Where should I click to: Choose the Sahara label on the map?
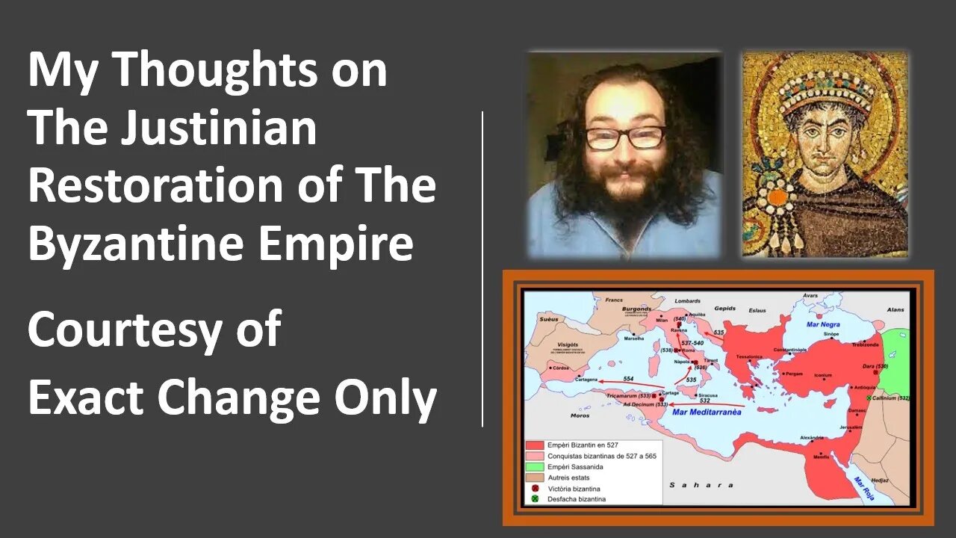coord(690,485)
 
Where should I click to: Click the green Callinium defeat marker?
coord(869,398)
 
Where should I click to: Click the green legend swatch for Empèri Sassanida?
coord(535,466)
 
